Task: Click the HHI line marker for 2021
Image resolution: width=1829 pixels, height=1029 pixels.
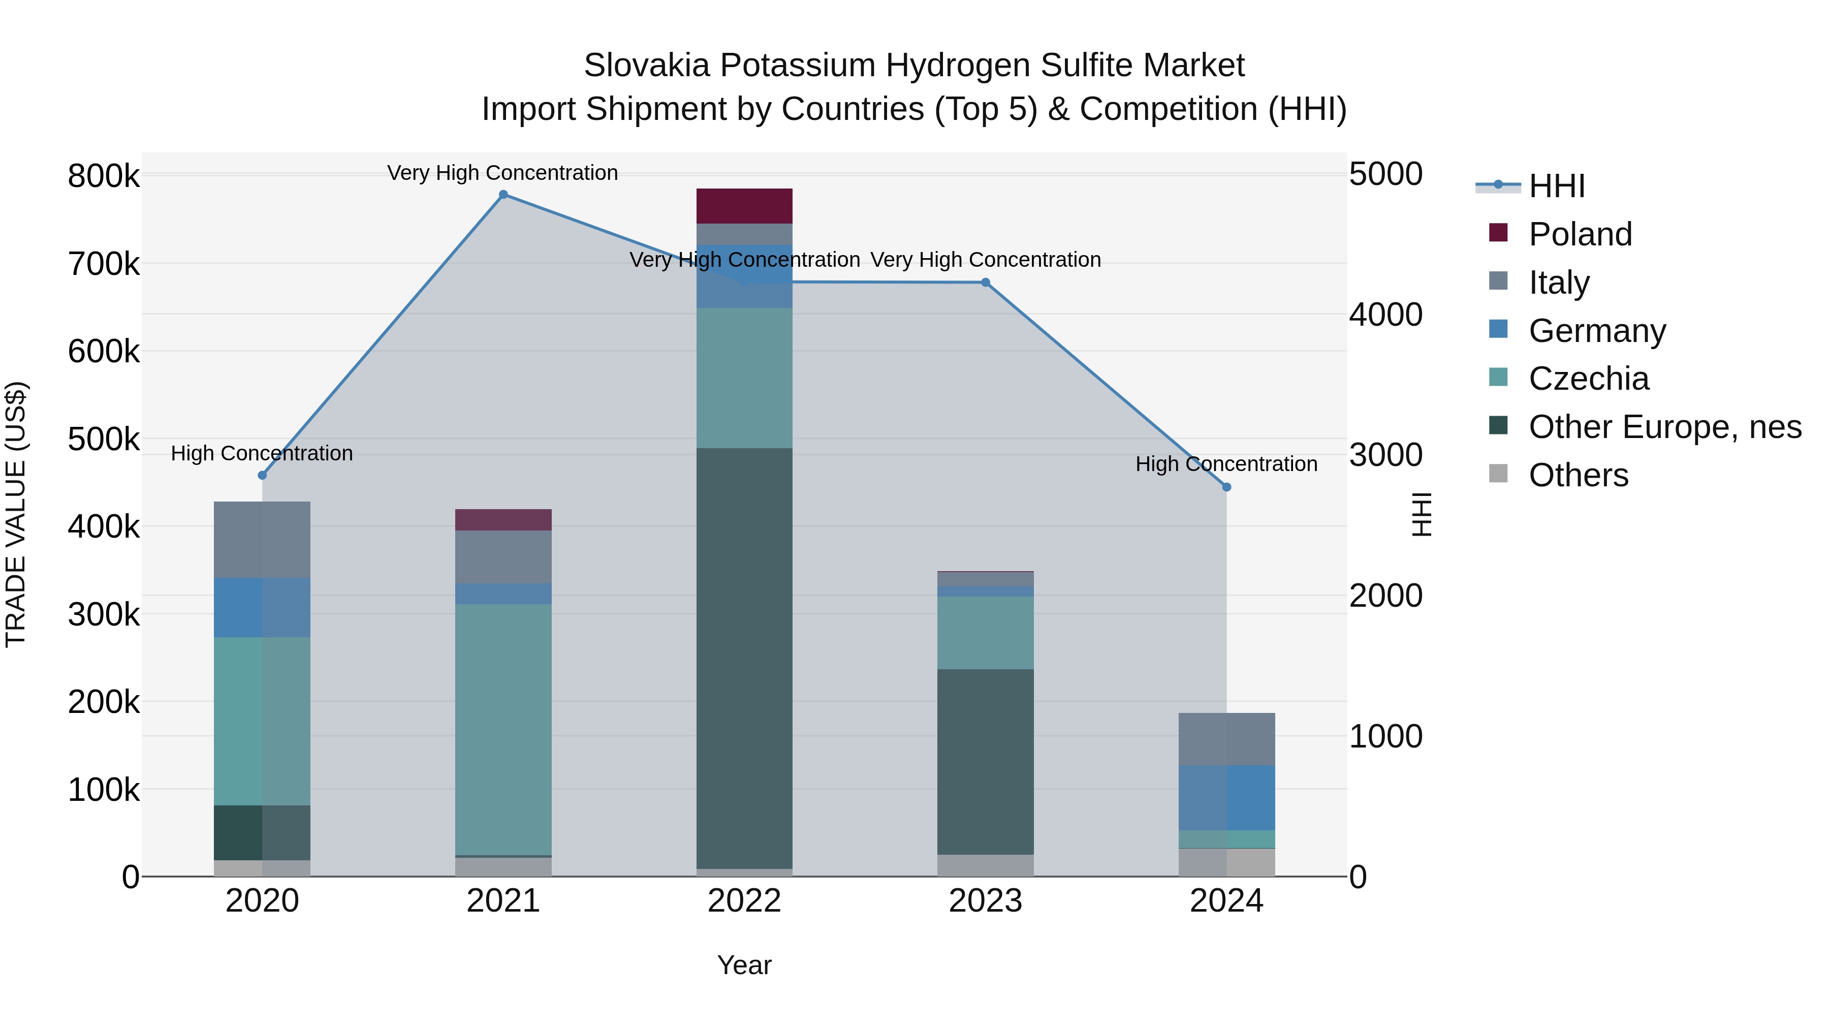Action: pyautogui.click(x=503, y=195)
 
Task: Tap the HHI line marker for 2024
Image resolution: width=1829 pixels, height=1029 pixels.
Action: pyautogui.click(x=1226, y=487)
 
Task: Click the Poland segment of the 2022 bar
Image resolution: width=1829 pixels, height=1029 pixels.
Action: pyautogui.click(x=744, y=206)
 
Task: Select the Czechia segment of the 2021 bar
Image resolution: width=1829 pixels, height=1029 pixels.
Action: pyautogui.click(x=503, y=729)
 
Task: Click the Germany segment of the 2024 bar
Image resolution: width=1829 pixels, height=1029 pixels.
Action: pyautogui.click(x=1226, y=797)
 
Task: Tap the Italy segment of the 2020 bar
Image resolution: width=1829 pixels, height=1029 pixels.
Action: pyautogui.click(x=262, y=540)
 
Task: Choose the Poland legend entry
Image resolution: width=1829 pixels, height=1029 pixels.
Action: pyautogui.click(x=1580, y=234)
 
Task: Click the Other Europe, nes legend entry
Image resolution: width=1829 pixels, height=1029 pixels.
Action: pyautogui.click(x=1664, y=427)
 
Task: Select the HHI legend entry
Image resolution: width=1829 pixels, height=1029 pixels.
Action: pyautogui.click(x=1556, y=186)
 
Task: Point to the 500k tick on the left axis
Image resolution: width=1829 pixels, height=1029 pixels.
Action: pyautogui.click(x=104, y=440)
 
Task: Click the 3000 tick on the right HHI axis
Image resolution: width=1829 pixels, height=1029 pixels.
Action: pyautogui.click(x=1385, y=455)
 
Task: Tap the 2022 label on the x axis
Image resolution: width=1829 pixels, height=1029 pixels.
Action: pyautogui.click(x=744, y=901)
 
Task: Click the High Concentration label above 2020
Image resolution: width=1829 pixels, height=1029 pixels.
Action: pyautogui.click(x=262, y=453)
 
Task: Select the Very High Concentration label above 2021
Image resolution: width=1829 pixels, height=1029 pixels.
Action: pyautogui.click(x=502, y=173)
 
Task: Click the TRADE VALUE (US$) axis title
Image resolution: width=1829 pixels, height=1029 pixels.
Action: pyautogui.click(x=16, y=514)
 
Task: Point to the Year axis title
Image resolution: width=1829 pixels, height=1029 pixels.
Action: pyautogui.click(x=744, y=965)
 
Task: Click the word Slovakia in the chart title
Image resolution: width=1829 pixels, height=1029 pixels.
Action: pyautogui.click(x=646, y=66)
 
